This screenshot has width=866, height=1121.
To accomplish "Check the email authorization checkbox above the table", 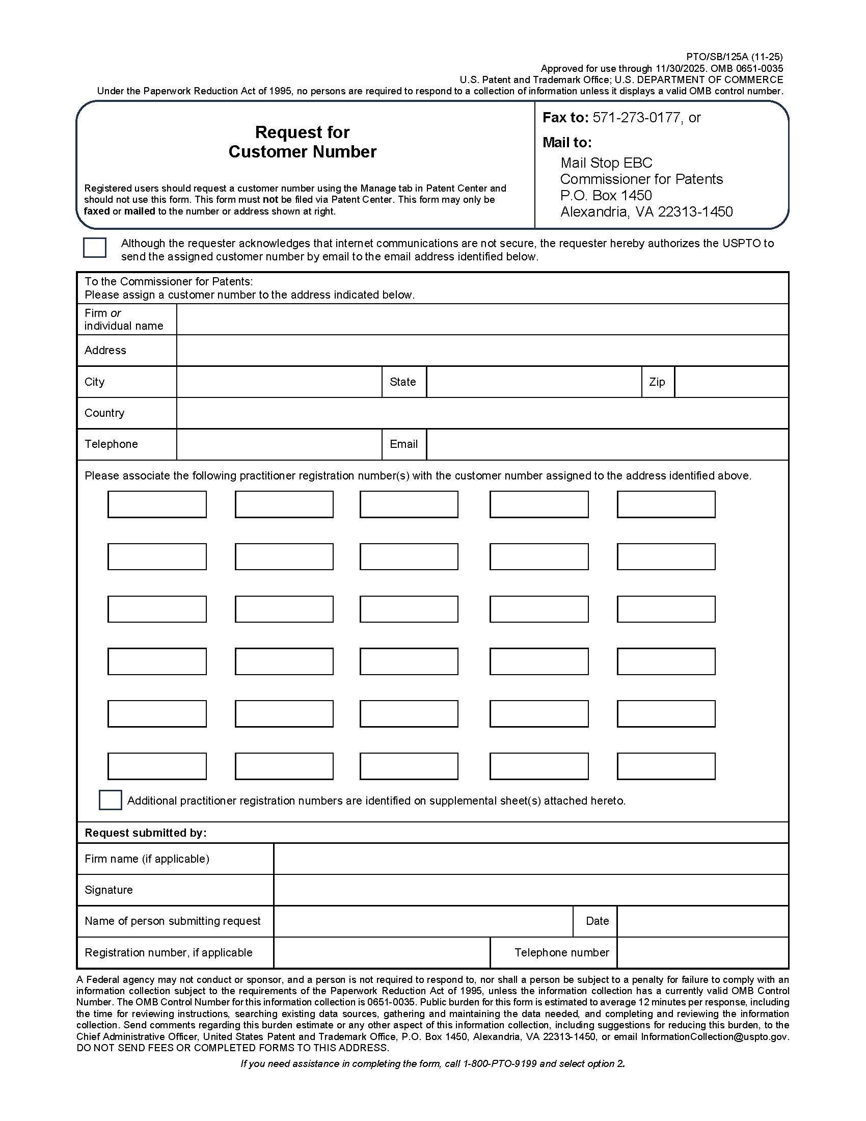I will tap(94, 248).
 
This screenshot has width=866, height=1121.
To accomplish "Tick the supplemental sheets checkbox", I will tap(110, 800).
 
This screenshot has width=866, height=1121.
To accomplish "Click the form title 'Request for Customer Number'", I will tap(302, 142).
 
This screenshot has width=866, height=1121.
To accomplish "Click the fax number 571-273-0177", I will tap(637, 118).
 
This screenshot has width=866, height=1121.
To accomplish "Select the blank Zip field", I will tap(731, 382).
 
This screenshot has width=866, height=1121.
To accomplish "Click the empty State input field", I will tap(533, 382).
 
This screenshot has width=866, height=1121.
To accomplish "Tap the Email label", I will tap(404, 444).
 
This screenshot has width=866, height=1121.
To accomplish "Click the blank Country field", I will tap(482, 413).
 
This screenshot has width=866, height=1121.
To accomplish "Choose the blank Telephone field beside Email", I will tap(279, 444).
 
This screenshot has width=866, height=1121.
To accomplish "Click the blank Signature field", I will tap(531, 890).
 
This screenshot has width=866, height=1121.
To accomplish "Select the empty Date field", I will tap(702, 921).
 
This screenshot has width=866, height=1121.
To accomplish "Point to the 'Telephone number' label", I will tap(562, 953).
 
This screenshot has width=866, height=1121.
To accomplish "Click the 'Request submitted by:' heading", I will tap(146, 833).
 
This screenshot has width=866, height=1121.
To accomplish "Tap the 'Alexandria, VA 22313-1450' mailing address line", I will tap(646, 211).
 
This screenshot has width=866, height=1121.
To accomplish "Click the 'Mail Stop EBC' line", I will tap(606, 163).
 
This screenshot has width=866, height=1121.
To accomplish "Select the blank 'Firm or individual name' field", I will tap(482, 319).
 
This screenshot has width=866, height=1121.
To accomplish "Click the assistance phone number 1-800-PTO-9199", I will tap(500, 1064).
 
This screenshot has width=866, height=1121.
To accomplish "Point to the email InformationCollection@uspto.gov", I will tap(714, 1036).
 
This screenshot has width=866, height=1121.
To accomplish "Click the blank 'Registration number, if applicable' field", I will tap(382, 953).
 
